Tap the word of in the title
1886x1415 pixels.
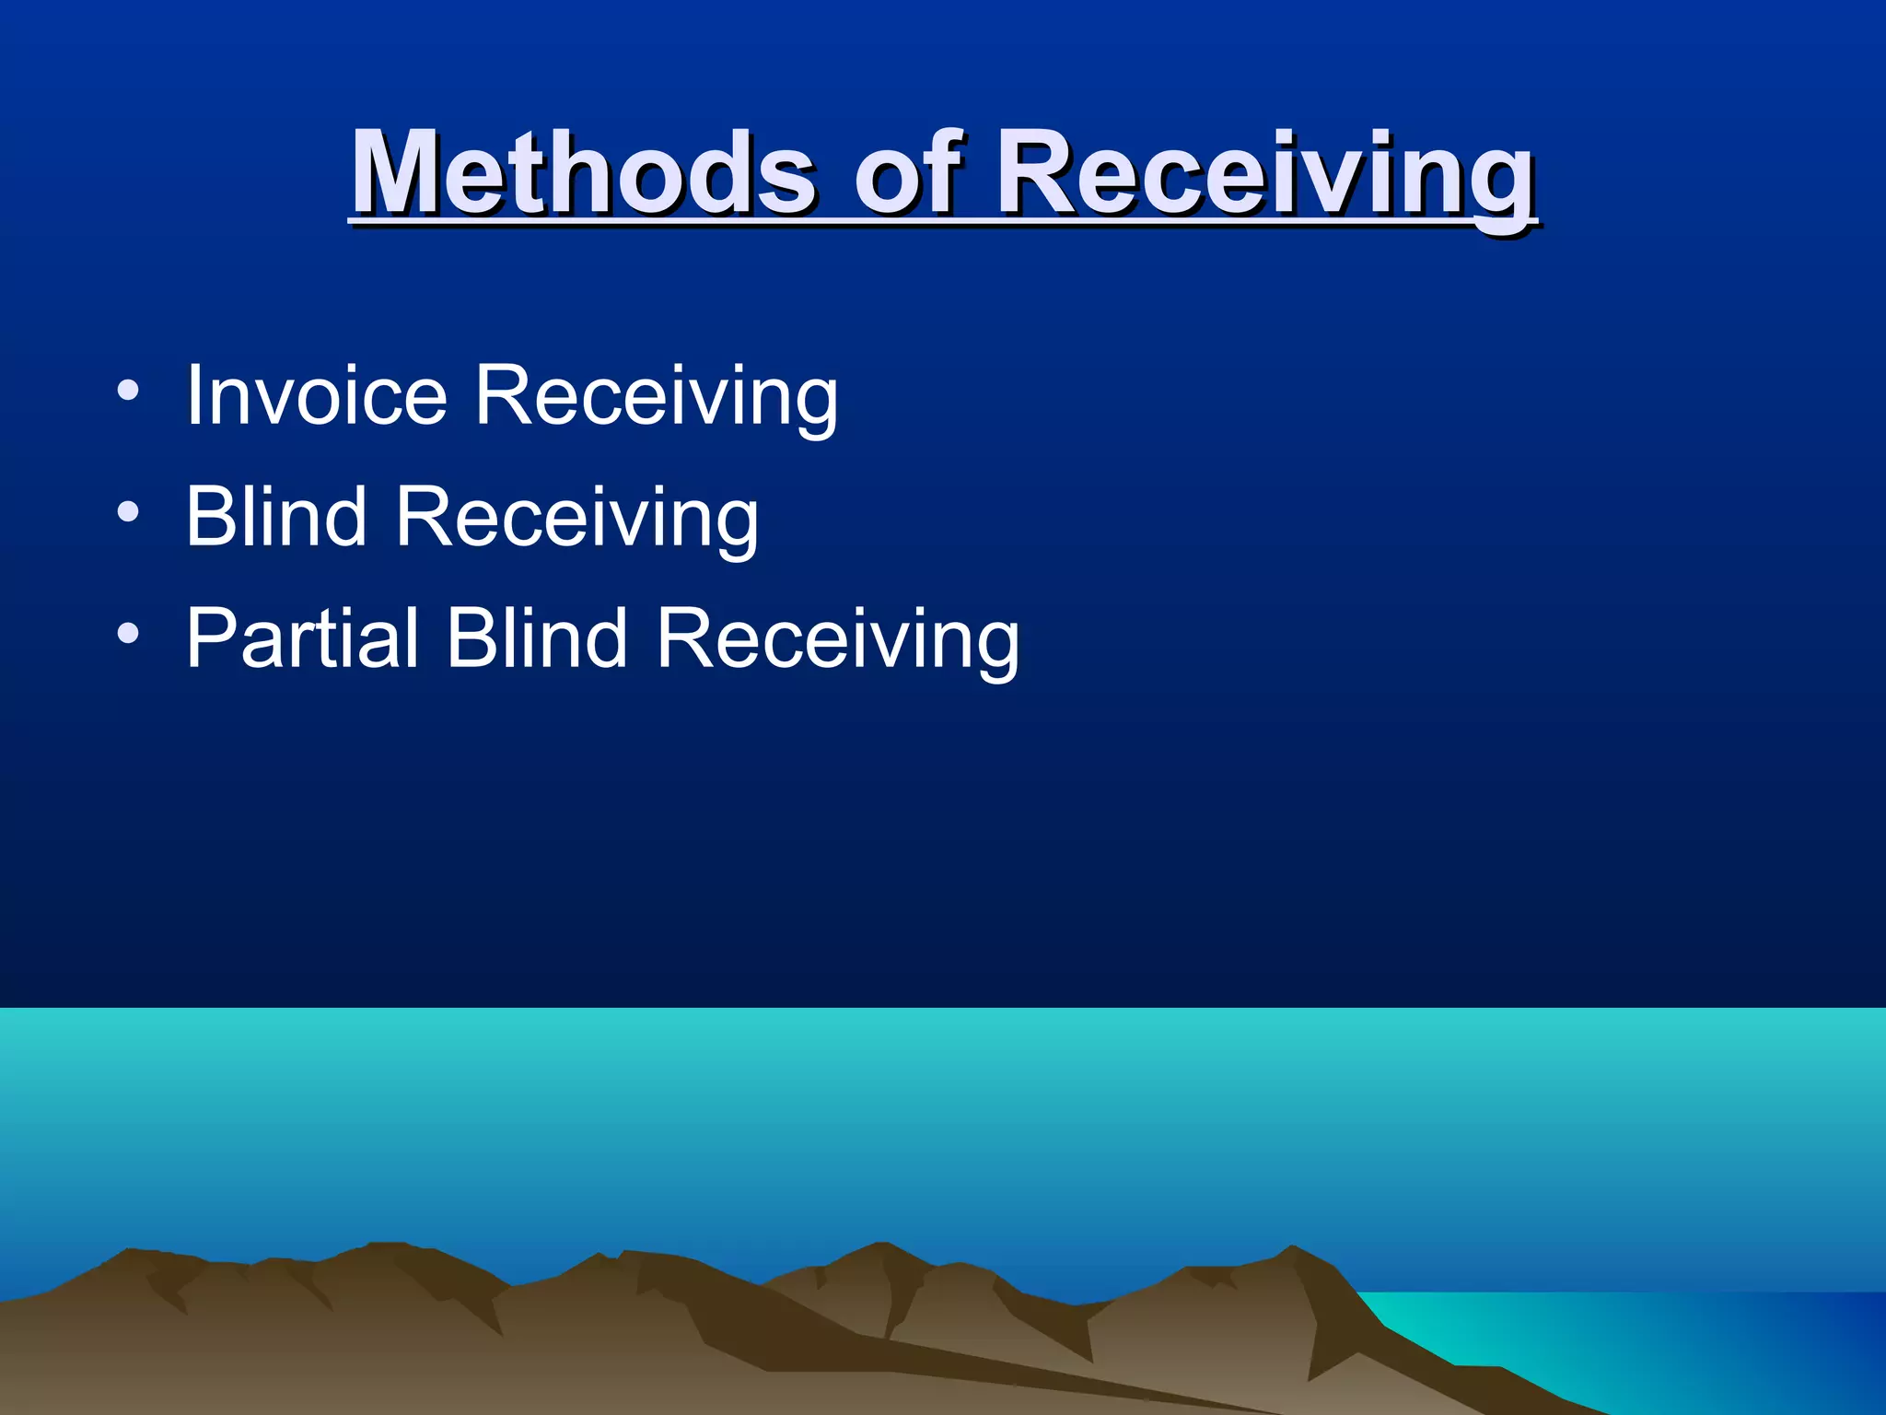pyautogui.click(x=908, y=172)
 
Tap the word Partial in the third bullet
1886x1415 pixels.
pyautogui.click(x=302, y=637)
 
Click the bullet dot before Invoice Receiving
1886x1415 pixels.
pyautogui.click(x=128, y=392)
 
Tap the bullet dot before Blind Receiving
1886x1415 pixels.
pyautogui.click(x=128, y=512)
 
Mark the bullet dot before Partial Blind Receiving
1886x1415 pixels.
pyautogui.click(x=128, y=634)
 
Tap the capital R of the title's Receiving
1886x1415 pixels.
pyautogui.click(x=1036, y=172)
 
